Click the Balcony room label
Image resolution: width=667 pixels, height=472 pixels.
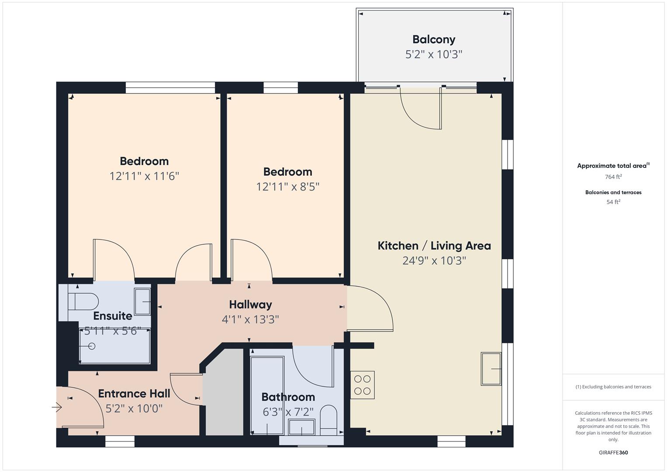(434, 39)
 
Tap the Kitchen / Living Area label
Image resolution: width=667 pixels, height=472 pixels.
(434, 246)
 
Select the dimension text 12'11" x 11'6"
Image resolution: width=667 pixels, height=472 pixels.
(144, 176)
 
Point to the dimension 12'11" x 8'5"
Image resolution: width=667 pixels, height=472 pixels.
(287, 187)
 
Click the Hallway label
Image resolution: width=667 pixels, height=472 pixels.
(250, 305)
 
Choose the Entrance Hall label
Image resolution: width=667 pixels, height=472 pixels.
(134, 394)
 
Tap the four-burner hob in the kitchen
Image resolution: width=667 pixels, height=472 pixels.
(363, 385)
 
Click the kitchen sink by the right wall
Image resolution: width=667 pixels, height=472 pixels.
(491, 369)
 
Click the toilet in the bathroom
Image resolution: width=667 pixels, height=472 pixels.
(328, 420)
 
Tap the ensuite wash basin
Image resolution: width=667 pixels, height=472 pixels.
(142, 302)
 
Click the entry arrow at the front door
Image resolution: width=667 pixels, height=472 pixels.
(57, 408)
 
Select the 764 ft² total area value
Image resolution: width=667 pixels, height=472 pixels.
(613, 177)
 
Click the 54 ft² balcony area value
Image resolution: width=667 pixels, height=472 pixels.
(613, 202)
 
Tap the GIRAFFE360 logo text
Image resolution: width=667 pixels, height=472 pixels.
(613, 452)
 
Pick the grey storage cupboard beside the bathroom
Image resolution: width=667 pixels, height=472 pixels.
(224, 393)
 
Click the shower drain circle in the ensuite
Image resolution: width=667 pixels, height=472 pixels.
(92, 346)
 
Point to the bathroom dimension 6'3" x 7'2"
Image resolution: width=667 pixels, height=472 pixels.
(288, 412)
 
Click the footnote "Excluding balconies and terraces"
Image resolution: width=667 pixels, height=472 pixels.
(613, 387)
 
